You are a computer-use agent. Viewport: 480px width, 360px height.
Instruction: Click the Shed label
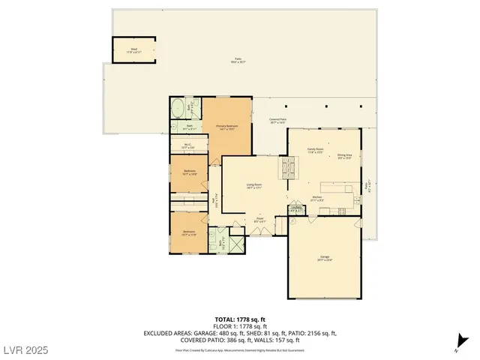point(133,50)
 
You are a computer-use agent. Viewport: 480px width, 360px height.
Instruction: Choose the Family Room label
point(315,150)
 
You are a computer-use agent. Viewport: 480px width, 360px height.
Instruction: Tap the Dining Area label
point(345,156)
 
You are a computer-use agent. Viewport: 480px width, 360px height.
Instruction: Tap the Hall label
point(215,201)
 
